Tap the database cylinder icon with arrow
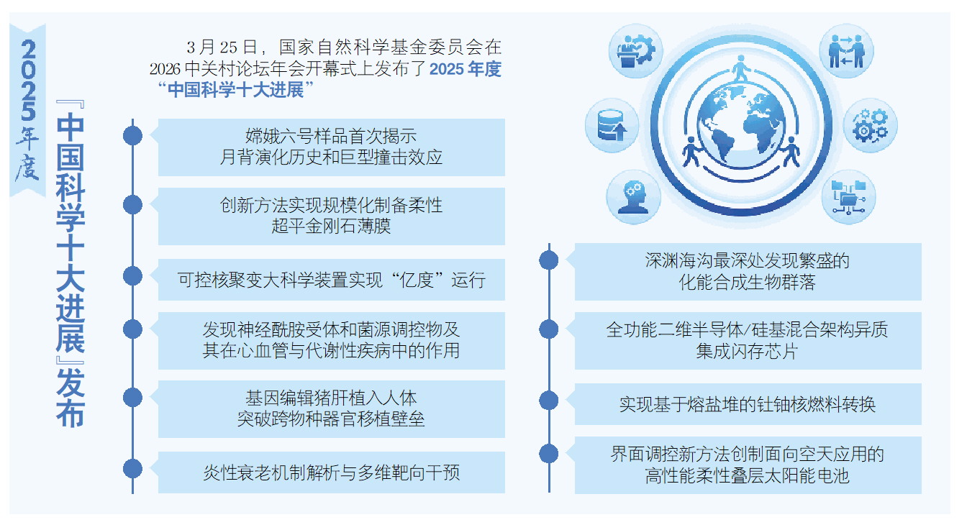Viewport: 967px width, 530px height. click(x=612, y=125)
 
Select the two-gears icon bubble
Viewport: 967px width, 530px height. click(x=870, y=125)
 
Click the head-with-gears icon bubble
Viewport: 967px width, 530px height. click(x=633, y=197)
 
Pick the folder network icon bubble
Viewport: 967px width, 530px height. click(x=848, y=197)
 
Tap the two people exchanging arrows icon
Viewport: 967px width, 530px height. click(x=846, y=51)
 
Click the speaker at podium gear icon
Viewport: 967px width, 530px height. click(x=635, y=51)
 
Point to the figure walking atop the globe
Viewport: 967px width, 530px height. click(x=741, y=68)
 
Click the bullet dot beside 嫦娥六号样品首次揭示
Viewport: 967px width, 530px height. click(x=132, y=135)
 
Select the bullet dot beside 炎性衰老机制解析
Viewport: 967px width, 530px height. click(x=132, y=469)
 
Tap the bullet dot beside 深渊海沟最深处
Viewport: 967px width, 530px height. click(x=549, y=260)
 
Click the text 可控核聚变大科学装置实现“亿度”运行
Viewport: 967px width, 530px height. click(x=331, y=280)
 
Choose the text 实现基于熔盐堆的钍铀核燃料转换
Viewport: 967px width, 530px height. click(x=748, y=404)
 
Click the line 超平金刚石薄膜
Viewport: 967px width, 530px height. click(x=331, y=226)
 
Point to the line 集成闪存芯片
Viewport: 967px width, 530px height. click(x=748, y=351)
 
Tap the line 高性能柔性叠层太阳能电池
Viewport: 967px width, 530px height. click(x=748, y=475)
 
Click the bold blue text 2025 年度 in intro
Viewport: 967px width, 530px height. click(x=466, y=69)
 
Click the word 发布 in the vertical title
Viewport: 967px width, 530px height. click(x=71, y=398)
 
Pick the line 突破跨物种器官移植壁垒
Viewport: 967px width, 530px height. click(x=331, y=419)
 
